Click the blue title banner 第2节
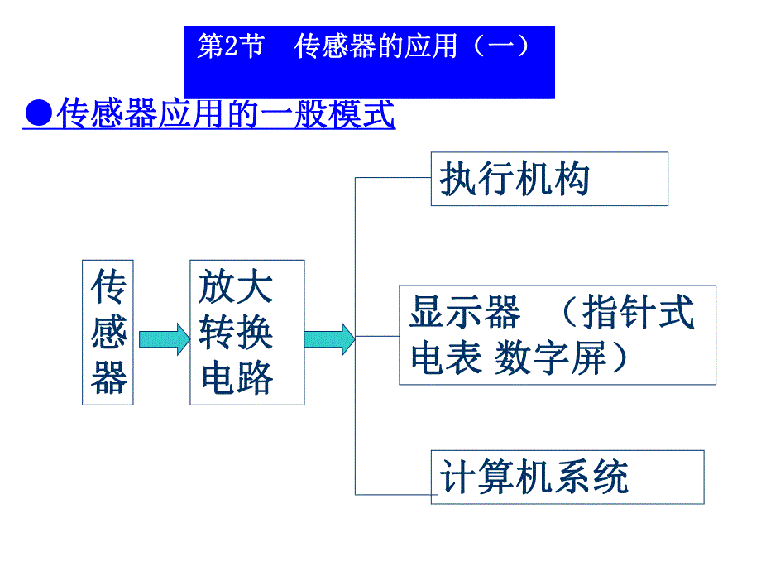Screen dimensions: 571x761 pyautogui.click(x=369, y=63)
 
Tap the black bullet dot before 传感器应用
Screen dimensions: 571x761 pyautogui.click(x=37, y=115)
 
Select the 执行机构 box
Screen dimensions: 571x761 pyautogui.click(x=549, y=179)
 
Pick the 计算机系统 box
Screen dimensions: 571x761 pyautogui.click(x=567, y=477)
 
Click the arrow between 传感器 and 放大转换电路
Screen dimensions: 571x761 pyautogui.click(x=164, y=338)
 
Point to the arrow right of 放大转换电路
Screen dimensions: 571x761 pyautogui.click(x=329, y=338)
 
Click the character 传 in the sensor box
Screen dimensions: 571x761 pyautogui.click(x=108, y=287)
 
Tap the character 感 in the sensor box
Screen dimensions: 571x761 pyautogui.click(x=108, y=333)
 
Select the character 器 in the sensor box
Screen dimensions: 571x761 pyautogui.click(x=108, y=379)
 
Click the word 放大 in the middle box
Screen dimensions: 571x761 pyautogui.click(x=236, y=287)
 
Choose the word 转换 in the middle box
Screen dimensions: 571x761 pyautogui.click(x=236, y=333)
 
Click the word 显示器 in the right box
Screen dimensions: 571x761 pyautogui.click(x=465, y=314)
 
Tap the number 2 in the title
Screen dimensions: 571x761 pyautogui.click(x=229, y=47)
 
